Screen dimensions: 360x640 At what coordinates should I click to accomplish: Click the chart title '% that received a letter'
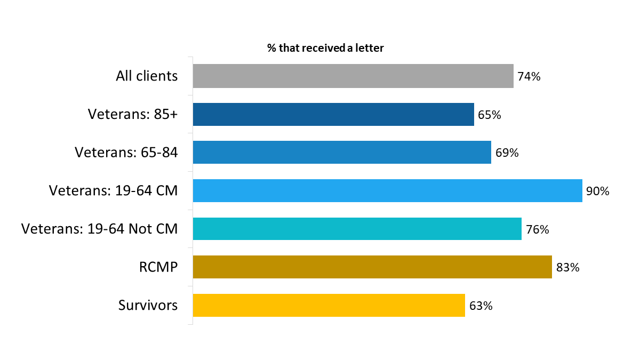(x=325, y=48)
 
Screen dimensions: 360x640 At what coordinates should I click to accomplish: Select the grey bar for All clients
(x=353, y=76)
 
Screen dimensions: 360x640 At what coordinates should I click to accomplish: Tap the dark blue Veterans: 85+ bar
(x=333, y=115)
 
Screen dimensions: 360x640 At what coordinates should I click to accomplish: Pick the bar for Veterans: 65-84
(x=341, y=153)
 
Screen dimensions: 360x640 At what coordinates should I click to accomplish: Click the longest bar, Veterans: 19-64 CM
(x=387, y=191)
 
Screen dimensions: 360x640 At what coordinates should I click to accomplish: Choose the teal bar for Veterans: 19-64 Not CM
(x=357, y=229)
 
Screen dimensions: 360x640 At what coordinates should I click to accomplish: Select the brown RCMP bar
(x=372, y=267)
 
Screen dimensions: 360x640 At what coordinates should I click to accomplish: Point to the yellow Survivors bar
(x=329, y=306)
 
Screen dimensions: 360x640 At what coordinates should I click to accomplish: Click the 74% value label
(x=529, y=77)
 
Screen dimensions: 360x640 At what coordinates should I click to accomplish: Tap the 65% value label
(x=490, y=115)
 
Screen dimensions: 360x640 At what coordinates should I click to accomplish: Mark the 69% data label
(x=507, y=153)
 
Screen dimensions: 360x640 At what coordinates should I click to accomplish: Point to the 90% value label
(x=597, y=191)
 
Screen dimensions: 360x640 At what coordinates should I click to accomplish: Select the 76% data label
(x=537, y=229)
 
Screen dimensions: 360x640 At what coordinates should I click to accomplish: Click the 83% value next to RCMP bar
(x=567, y=268)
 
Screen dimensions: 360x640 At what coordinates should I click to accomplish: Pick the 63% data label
(x=481, y=306)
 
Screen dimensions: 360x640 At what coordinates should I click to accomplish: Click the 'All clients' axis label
(x=147, y=76)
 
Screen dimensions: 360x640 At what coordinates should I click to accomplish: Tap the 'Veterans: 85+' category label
(x=133, y=115)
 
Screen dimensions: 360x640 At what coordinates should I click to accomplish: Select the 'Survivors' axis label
(x=148, y=306)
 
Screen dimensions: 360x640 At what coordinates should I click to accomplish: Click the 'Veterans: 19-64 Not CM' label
(x=99, y=229)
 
